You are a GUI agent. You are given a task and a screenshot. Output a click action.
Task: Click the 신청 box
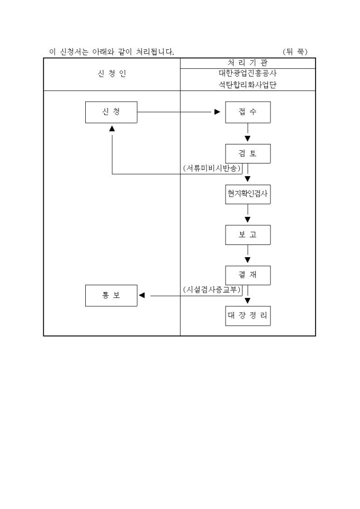(111, 112)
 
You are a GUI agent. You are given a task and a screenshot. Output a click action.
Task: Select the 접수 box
(248, 112)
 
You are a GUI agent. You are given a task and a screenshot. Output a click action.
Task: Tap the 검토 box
(248, 153)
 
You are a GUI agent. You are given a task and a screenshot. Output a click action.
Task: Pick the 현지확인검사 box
(248, 194)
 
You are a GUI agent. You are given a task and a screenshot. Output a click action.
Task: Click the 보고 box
(248, 235)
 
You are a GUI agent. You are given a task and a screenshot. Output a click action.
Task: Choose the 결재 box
(248, 275)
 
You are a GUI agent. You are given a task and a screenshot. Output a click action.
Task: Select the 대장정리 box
(248, 316)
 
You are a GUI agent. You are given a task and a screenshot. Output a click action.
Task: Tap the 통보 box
(111, 295)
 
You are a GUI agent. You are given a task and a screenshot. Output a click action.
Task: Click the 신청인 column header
(112, 74)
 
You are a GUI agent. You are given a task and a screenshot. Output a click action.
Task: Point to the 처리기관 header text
(248, 62)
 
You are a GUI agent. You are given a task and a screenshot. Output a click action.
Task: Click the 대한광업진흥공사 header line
(248, 74)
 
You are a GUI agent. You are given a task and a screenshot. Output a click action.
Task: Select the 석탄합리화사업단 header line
(248, 85)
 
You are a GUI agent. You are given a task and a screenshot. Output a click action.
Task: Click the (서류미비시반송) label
(212, 168)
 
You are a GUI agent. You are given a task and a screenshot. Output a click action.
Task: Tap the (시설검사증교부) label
(212, 289)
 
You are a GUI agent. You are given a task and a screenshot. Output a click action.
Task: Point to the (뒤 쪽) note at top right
(295, 51)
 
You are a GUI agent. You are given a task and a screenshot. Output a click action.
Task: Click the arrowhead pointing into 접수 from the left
(217, 112)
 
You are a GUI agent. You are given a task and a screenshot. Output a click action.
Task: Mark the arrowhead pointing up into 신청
(112, 129)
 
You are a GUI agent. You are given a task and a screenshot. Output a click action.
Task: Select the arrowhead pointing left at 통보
(142, 295)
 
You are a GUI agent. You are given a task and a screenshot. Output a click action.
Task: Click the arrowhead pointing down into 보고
(248, 220)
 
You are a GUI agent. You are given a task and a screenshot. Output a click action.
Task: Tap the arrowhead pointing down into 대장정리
(248, 301)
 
